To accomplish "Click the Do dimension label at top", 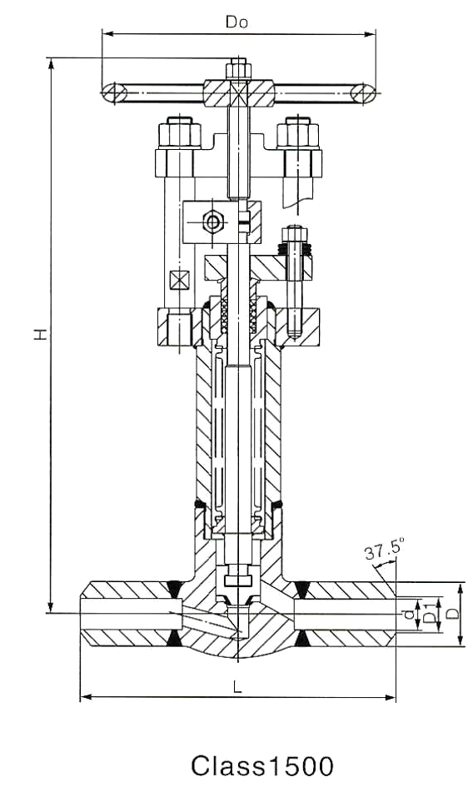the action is pyautogui.click(x=236, y=22).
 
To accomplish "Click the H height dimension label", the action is pyautogui.click(x=41, y=334).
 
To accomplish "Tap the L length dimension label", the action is pyautogui.click(x=237, y=686).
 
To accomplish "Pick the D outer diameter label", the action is pyautogui.click(x=453, y=613).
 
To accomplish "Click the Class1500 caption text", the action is pyautogui.click(x=262, y=766).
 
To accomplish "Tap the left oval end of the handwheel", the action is pyautogui.click(x=114, y=94).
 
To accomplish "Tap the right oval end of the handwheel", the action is pyautogui.click(x=363, y=94).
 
